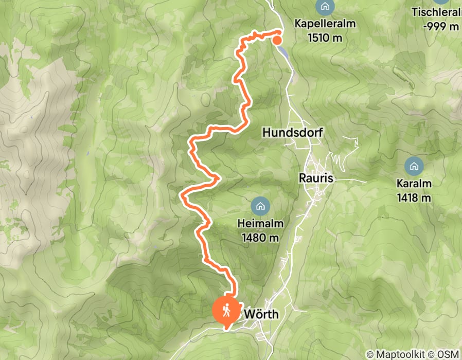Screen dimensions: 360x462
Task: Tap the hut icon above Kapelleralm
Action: pyautogui.click(x=325, y=7)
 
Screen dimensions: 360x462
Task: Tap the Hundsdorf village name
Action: pyautogui.click(x=292, y=133)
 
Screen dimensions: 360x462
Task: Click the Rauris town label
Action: pyautogui.click(x=316, y=178)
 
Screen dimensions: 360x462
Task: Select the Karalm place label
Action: pyautogui.click(x=414, y=184)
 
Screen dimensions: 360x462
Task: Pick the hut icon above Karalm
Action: pyautogui.click(x=414, y=166)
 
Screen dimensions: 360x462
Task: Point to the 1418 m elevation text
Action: pyautogui.click(x=414, y=197)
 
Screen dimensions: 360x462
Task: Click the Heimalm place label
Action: pyautogui.click(x=260, y=224)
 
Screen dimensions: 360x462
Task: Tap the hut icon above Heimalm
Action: pyautogui.click(x=260, y=207)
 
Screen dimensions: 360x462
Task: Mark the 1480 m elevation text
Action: pyautogui.click(x=260, y=238)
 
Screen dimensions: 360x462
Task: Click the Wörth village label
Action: pyautogui.click(x=260, y=313)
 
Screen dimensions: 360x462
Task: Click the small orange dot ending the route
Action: pyautogui.click(x=277, y=41)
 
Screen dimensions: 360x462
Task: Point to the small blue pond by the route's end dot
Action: pyautogui.click(x=282, y=49)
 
